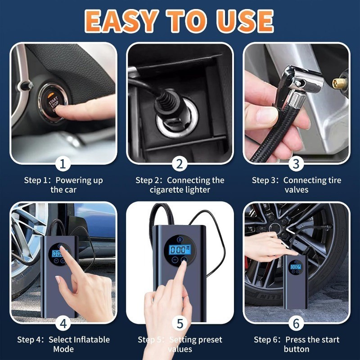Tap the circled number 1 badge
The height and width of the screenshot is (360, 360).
coord(63,163)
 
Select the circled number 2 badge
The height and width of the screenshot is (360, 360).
coord(180,163)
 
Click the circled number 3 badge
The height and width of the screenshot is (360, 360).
coord(296,163)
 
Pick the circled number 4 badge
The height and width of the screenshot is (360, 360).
coord(63,323)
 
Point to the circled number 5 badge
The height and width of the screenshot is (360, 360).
coord(180,323)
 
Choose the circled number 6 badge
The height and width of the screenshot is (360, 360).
coord(296,323)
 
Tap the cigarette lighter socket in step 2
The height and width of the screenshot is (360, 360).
coord(173,126)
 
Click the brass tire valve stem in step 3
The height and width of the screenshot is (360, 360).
coord(338,83)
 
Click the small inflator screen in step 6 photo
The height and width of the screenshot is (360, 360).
coord(295,267)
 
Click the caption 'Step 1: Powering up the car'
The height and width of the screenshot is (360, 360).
coord(63,185)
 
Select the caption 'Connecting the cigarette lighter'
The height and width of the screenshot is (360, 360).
coord(180,185)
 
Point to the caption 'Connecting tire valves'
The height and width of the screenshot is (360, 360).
coord(296,185)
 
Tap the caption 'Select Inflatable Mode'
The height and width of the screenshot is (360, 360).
coord(63,344)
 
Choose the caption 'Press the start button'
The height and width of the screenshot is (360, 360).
coord(296,344)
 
